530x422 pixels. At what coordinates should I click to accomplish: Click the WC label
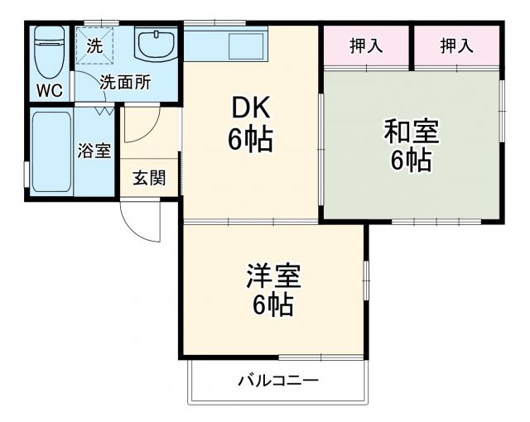click(x=51, y=91)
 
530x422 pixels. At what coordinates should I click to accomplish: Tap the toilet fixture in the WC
click(x=51, y=51)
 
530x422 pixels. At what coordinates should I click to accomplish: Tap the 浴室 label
click(x=94, y=151)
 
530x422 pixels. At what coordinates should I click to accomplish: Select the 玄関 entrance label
click(x=149, y=178)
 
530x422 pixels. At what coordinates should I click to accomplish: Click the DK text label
click(x=250, y=108)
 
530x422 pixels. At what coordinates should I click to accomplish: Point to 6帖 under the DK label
click(x=250, y=140)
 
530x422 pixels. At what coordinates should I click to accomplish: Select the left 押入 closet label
click(x=366, y=46)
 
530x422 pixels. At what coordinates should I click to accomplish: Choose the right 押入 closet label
click(x=457, y=46)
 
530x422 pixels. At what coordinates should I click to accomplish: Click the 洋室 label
click(x=272, y=274)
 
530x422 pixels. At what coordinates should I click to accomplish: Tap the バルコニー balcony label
click(x=278, y=381)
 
